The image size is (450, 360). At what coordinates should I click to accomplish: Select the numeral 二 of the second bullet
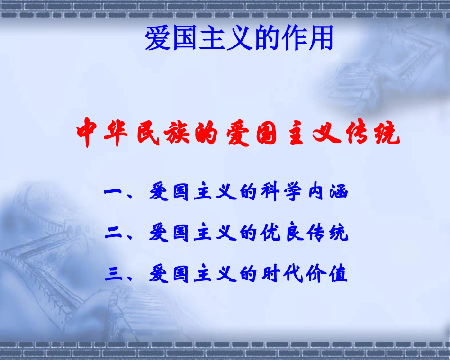click(x=113, y=233)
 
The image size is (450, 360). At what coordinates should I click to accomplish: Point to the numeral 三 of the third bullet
click(x=113, y=274)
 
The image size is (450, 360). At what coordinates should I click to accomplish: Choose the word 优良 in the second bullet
click(x=282, y=233)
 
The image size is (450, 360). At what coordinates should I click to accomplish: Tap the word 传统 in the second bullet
click(x=327, y=233)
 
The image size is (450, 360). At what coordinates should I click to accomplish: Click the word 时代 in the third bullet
click(x=282, y=274)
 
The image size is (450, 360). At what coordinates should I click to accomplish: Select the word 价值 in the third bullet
click(x=327, y=274)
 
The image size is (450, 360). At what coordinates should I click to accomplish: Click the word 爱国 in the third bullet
click(x=171, y=274)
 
